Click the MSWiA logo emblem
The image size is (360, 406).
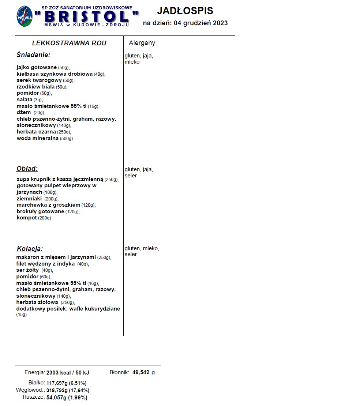click(24, 16)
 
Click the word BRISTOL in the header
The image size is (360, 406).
click(87, 16)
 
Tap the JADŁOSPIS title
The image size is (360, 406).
click(185, 11)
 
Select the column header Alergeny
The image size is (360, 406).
click(142, 43)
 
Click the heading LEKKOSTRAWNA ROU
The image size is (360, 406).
click(69, 43)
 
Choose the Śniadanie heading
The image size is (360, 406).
click(33, 55)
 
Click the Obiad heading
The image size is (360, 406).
click(27, 169)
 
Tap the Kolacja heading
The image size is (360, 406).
click(30, 249)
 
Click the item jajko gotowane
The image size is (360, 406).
click(37, 67)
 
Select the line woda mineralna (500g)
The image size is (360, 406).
click(45, 139)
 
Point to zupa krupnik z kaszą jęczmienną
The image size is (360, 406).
click(60, 179)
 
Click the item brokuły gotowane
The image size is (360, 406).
click(41, 212)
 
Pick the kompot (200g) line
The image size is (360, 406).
click(34, 218)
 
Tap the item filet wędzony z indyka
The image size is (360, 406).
click(46, 264)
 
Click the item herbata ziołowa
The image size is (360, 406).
click(37, 302)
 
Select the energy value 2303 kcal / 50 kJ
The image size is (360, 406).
click(68, 373)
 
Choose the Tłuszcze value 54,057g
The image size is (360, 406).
click(57, 397)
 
